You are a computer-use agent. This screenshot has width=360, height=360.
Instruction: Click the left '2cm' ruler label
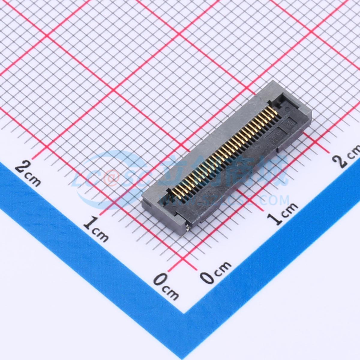coord(28,173)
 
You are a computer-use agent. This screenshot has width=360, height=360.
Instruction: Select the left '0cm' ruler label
coord(166,284)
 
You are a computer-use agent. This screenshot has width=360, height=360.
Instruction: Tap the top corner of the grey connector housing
coord(272,81)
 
